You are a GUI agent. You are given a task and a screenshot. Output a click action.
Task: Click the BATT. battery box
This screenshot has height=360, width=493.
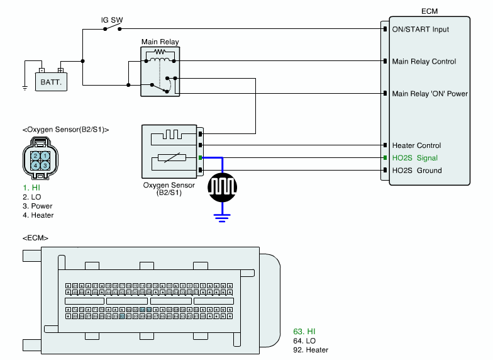pos(50,81)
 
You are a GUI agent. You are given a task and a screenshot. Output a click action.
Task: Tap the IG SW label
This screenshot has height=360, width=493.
pos(112,20)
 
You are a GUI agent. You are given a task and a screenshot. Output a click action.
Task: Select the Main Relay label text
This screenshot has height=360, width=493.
pos(160,42)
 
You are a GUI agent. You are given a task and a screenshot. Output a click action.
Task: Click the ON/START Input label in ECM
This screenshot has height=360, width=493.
pos(421,29)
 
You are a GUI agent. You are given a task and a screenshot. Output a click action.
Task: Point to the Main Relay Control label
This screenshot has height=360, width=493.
pos(424,62)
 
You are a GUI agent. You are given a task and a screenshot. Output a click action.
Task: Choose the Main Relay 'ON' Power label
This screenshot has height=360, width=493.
pos(429,94)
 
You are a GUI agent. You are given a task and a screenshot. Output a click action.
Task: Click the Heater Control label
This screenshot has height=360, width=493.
pos(416,145)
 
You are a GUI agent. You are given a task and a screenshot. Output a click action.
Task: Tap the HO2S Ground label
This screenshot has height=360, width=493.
pos(417,171)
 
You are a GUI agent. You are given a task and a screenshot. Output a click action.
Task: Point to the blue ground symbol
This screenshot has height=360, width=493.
pos(221,218)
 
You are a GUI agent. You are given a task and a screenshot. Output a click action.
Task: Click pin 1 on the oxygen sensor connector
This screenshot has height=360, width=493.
pos(46,155)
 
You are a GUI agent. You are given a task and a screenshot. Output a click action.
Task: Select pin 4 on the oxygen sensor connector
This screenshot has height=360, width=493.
pos(36,166)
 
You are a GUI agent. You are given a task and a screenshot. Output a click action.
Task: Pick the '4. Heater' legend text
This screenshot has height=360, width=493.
pos(38,215)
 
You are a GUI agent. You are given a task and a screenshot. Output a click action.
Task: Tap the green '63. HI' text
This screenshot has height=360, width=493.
pos(304,331)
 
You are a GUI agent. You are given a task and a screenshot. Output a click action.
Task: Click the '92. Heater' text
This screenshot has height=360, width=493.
pos(311,350)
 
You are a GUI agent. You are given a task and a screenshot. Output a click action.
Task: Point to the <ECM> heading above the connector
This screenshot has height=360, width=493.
pos(35,239)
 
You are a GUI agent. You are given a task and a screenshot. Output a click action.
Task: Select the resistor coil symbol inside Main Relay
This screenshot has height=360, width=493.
pos(160,52)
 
